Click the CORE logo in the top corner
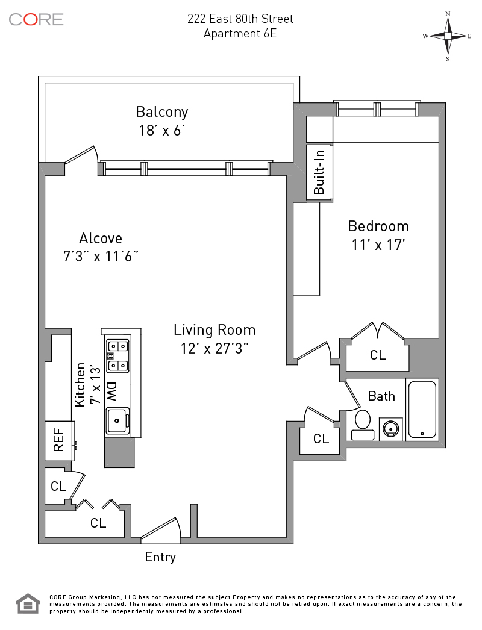(x=36, y=19)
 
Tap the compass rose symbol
(x=448, y=36)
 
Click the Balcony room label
(x=161, y=112)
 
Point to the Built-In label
(x=319, y=172)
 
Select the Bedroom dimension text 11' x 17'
(x=378, y=245)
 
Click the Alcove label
(x=101, y=239)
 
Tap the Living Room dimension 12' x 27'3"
(x=214, y=348)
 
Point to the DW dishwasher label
(x=111, y=392)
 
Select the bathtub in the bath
(x=422, y=410)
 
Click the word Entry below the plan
(x=160, y=557)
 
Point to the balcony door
(x=81, y=155)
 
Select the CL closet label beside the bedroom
(x=378, y=355)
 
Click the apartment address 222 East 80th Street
(x=240, y=19)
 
